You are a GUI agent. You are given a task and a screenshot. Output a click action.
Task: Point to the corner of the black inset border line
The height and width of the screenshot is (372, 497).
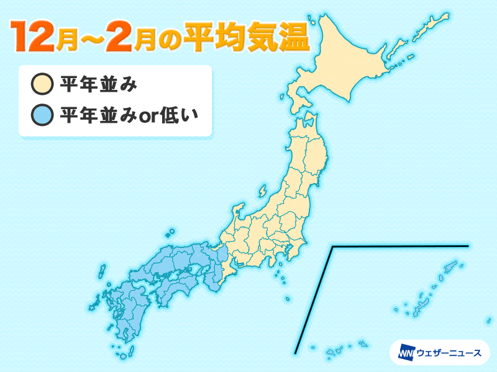[333, 247]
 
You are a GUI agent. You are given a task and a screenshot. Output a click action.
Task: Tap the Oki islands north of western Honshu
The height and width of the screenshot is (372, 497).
[169, 234]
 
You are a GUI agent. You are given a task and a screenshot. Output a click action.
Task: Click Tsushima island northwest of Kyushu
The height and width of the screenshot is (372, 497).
[101, 273]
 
